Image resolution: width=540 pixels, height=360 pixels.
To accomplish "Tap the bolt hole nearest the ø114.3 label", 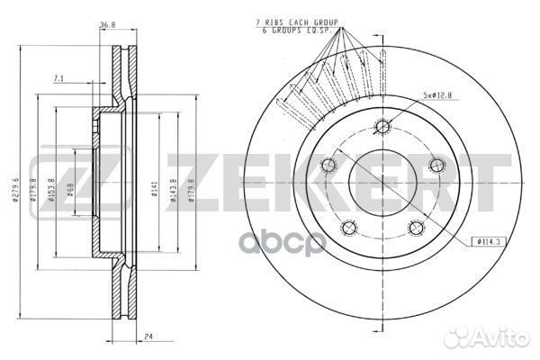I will [415, 228].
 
